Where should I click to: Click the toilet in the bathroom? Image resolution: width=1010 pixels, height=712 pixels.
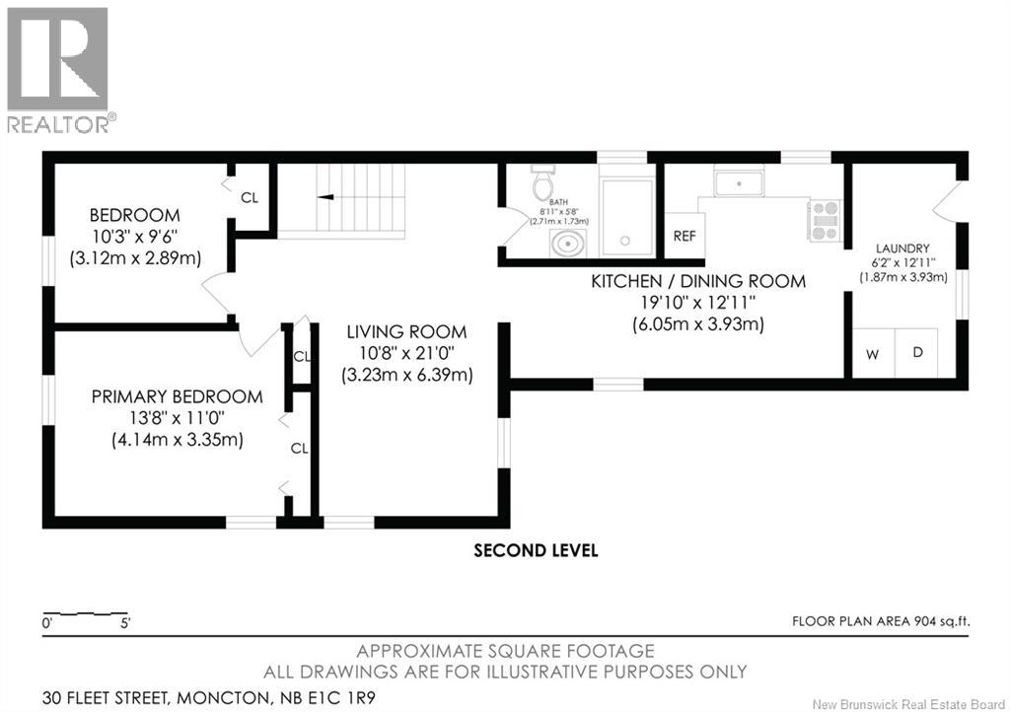point(542,181)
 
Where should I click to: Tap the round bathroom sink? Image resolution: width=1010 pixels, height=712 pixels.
point(567,244)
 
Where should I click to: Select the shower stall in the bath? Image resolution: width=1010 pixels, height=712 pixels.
point(625,218)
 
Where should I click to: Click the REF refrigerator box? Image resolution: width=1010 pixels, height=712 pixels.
point(685,236)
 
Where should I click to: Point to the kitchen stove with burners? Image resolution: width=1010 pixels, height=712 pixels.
point(826,221)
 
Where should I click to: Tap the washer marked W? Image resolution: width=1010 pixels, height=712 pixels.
point(873,353)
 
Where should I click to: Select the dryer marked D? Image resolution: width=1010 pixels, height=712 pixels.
point(916,353)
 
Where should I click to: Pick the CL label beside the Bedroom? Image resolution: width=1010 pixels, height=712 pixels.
point(250,197)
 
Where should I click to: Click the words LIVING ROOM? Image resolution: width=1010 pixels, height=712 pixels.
point(406,332)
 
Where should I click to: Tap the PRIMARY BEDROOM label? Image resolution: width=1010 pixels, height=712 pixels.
point(178,396)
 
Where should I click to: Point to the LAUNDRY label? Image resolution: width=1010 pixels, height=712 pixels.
point(902,249)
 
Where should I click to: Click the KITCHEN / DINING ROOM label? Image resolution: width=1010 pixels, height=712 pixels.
point(698,281)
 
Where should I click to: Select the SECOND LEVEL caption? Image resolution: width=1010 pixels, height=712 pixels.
point(536,550)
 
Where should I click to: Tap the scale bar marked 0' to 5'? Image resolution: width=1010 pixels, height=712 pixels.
point(85,612)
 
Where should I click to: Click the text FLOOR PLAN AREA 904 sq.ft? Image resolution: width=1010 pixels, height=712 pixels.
point(881,621)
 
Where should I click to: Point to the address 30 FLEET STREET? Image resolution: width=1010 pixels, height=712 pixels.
point(106,697)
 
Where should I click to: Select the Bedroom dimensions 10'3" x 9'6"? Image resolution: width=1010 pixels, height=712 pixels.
point(134,237)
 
